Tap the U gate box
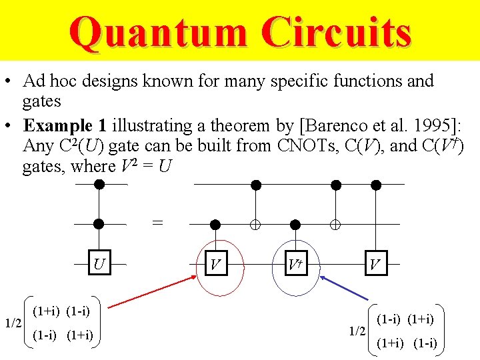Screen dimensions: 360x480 coord(99,265)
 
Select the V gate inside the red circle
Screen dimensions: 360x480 coord(215,265)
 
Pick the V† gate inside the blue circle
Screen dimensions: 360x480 coord(295,265)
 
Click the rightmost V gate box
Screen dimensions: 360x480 coord(375,265)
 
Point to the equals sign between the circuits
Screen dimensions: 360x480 coord(157,223)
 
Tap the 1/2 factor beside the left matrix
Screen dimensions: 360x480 coord(13,324)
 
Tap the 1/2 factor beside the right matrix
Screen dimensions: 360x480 coord(357,331)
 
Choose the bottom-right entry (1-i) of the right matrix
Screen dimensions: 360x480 coord(425,343)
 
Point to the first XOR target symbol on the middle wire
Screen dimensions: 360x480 coord(255,225)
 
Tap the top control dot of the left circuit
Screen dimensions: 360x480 coord(99,184)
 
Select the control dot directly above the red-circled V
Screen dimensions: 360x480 coord(215,225)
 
